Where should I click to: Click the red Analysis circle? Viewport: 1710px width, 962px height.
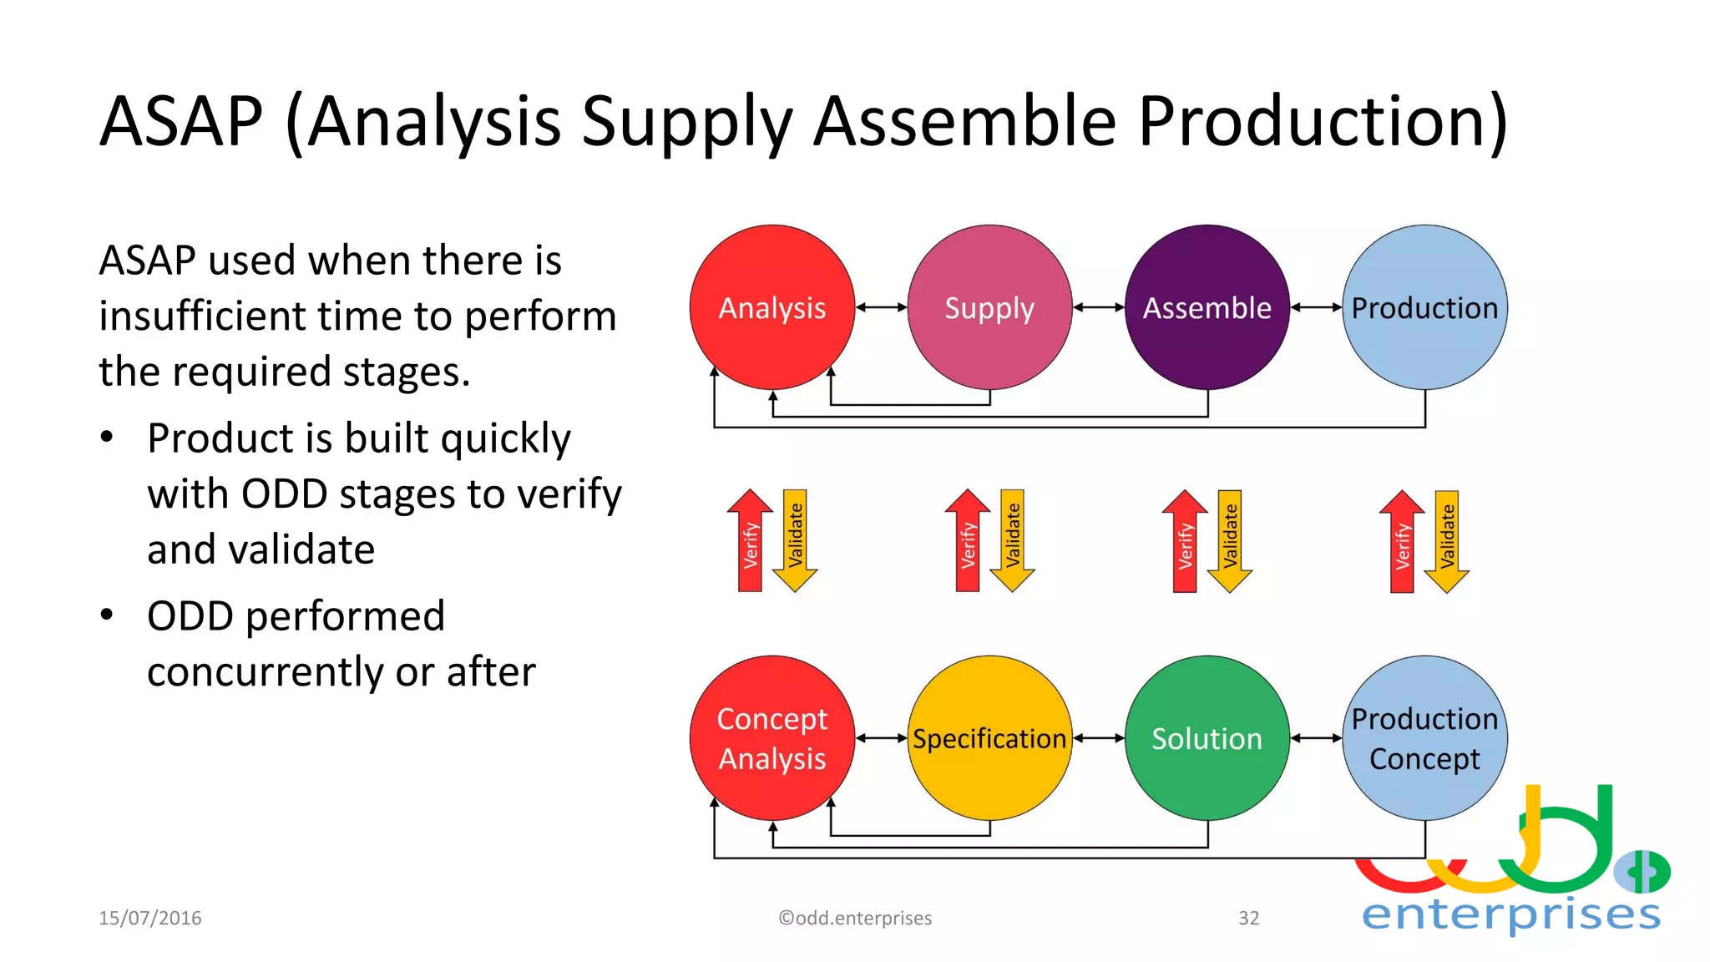[x=772, y=307]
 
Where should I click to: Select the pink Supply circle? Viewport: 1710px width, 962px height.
[x=989, y=307]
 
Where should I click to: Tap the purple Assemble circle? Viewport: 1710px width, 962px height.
[x=1207, y=307]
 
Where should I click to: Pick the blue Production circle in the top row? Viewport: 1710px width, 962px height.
[x=1424, y=307]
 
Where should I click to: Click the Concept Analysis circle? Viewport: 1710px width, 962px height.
[x=772, y=738]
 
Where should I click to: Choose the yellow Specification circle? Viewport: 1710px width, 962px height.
[x=989, y=738]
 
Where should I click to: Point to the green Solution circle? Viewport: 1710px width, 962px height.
[x=1207, y=738]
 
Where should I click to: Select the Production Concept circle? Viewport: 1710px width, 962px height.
[x=1424, y=738]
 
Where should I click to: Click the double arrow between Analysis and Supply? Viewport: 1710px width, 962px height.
[x=881, y=307]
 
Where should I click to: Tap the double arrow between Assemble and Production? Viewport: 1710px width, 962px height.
[x=1316, y=307]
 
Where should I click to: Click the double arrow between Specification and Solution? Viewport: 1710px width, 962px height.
[x=1099, y=738]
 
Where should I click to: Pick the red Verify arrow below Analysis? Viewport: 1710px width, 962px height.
[x=750, y=541]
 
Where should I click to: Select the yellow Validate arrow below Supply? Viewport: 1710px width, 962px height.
[x=1012, y=541]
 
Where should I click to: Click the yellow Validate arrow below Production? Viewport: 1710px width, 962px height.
[x=1447, y=541]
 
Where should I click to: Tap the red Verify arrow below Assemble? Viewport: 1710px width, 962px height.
[x=1184, y=541]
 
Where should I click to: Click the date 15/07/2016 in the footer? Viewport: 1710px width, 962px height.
[x=150, y=918]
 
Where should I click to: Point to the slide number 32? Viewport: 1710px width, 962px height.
[x=1248, y=918]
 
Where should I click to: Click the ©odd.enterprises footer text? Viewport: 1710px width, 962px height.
[x=855, y=918]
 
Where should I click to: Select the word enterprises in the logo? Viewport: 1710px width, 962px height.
[x=1510, y=914]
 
